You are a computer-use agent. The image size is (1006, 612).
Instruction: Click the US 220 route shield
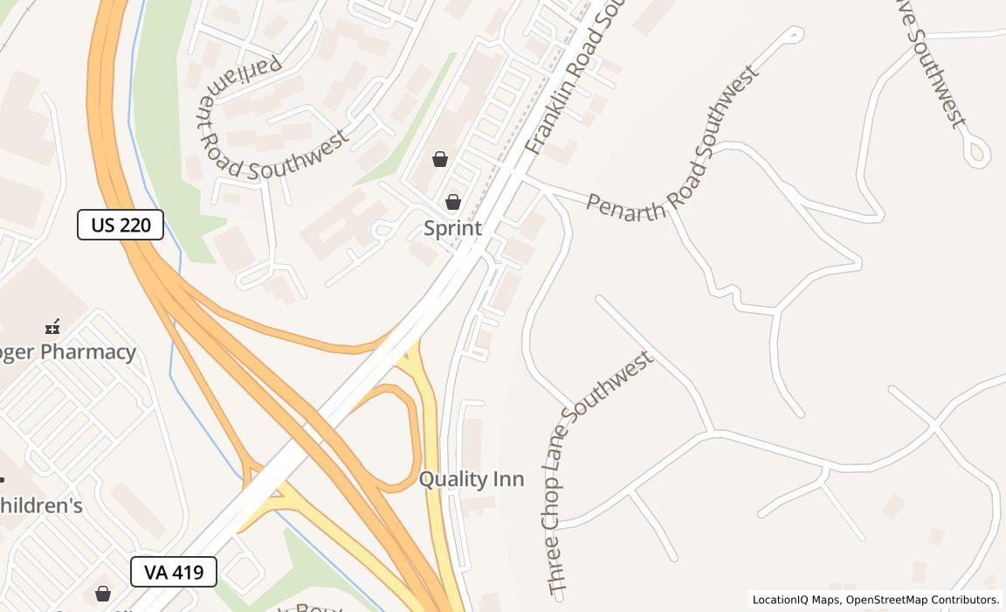point(121,225)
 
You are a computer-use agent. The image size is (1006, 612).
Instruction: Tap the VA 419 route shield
point(174,573)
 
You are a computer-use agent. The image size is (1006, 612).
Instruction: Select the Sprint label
point(452,228)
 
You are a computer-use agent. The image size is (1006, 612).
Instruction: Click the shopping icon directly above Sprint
point(452,202)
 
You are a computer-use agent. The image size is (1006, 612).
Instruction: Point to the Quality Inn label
point(472,479)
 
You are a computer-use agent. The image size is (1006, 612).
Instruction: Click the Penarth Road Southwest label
point(672,144)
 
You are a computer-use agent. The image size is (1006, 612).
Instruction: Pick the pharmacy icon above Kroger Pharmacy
point(52,327)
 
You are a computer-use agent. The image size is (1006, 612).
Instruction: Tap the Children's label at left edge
point(41,505)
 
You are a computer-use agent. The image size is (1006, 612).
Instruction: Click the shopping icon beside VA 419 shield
point(103,594)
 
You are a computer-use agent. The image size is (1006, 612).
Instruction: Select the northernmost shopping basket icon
point(440,159)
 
